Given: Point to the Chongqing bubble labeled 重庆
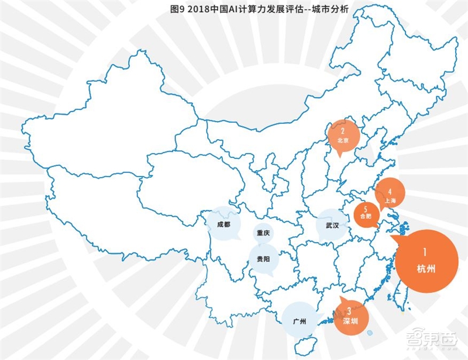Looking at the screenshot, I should point(263,233).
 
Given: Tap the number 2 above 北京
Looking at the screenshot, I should point(343,131).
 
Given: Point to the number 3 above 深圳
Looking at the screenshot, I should point(349,311).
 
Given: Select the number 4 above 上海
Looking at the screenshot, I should point(390,190).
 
